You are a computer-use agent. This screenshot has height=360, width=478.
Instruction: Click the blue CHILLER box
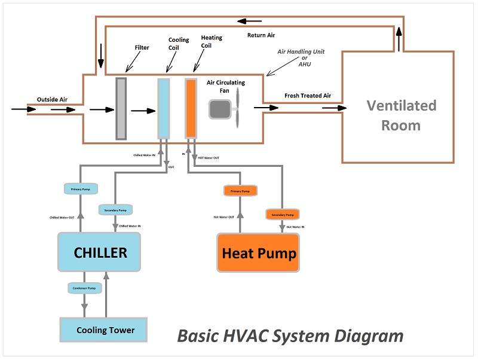[99, 252]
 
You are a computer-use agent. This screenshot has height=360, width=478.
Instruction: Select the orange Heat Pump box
[258, 253]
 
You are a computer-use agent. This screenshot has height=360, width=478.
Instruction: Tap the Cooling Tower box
[104, 330]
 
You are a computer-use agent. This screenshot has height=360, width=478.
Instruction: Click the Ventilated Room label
[401, 115]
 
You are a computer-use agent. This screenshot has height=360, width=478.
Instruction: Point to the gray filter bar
[121, 109]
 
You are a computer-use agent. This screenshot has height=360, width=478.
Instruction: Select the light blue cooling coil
[163, 109]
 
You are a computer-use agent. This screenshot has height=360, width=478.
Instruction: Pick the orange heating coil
[191, 109]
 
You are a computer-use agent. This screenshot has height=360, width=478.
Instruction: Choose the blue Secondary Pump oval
[115, 210]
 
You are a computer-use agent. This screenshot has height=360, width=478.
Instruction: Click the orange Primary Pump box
[240, 191]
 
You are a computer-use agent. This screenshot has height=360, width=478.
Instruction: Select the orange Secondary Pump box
[282, 214]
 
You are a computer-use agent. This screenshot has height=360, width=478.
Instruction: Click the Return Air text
[261, 35]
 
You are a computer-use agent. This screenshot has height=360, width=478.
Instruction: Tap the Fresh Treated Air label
[308, 96]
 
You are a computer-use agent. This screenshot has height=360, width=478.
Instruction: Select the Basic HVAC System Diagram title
[290, 336]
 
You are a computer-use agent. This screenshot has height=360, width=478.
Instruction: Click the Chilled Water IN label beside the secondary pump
[131, 226]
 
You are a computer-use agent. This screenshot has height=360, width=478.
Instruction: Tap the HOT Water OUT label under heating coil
[209, 158]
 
